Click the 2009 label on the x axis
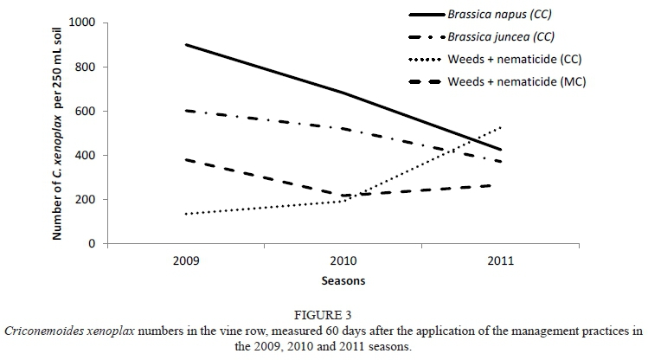click(x=185, y=260)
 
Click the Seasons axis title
click(x=343, y=281)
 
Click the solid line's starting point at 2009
click(x=186, y=45)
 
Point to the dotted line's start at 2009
click(x=186, y=214)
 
